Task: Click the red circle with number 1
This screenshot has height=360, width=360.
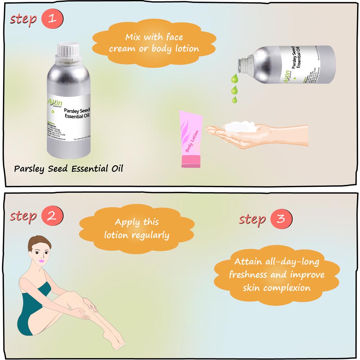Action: tap(52, 18)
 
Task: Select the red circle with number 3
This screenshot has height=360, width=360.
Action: tap(281, 219)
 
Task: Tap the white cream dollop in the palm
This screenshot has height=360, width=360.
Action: tap(238, 127)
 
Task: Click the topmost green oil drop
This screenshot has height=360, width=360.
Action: tap(234, 77)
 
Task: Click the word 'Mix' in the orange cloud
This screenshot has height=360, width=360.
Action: tap(135, 37)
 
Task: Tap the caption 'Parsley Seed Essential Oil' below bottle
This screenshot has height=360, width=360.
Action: tap(68, 168)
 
